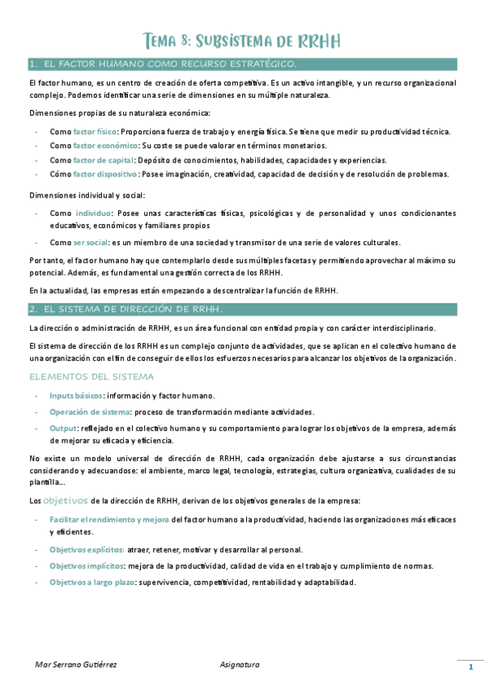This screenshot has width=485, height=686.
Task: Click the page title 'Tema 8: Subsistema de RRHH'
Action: [241, 40]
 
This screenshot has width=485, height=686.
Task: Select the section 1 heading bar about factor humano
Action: [242, 63]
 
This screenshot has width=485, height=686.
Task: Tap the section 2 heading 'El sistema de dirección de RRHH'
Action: [242, 309]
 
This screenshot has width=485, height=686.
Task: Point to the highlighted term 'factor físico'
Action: [95, 131]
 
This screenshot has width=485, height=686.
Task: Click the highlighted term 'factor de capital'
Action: [103, 160]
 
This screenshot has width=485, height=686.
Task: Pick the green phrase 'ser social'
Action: [90, 243]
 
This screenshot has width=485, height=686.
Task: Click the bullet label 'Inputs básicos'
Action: [76, 396]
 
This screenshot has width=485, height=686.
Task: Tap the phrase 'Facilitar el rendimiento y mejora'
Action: [108, 518]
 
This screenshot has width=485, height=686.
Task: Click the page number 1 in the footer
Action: [470, 667]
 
